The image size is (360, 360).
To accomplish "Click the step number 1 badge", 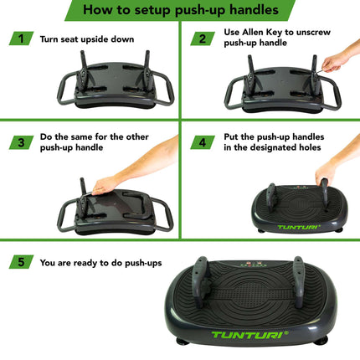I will tap(19, 39).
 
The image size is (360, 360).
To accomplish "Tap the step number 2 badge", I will tap(201, 39).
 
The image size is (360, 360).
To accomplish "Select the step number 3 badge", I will tap(19, 142).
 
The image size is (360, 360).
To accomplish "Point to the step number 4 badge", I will tap(201, 142).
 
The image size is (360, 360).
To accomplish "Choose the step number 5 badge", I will tap(19, 262).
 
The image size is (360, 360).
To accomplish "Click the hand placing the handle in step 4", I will tap(326, 172).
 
